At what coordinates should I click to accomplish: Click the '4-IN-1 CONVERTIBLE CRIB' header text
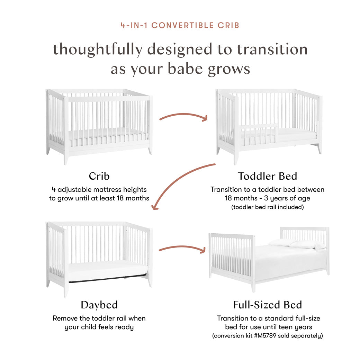tap(180, 25)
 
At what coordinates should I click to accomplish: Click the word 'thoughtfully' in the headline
tap(97, 49)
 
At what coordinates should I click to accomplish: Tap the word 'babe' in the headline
tap(187, 69)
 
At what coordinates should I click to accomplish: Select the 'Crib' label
tap(99, 176)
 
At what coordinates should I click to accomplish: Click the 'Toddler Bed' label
tap(267, 176)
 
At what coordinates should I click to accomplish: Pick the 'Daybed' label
tap(99, 305)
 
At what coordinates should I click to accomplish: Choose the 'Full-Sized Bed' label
tap(267, 305)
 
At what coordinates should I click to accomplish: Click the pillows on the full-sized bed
tap(298, 244)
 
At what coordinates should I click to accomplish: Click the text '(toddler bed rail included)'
tap(267, 207)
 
